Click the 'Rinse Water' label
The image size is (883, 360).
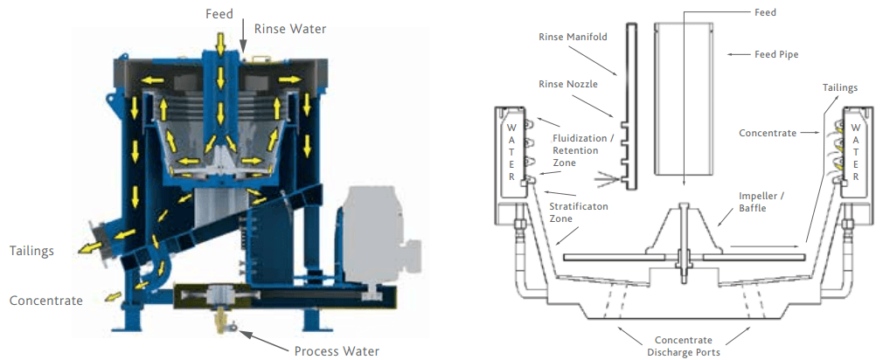289,29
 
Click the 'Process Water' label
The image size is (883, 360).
337,351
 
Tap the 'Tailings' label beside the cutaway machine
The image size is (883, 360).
32,251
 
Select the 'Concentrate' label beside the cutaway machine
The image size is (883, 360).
46,301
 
